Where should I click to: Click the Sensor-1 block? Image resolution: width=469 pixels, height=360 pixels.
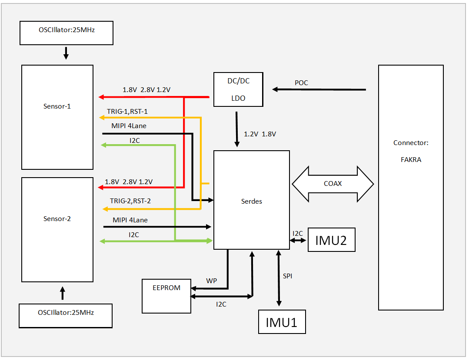pos(57,117)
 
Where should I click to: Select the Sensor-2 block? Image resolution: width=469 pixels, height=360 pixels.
pos(57,229)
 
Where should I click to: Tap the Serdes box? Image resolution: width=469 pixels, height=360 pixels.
pos(251,200)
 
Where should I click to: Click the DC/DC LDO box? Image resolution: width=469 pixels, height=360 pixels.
pos(238,89)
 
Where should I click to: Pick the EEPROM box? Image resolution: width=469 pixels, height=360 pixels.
pos(166,296)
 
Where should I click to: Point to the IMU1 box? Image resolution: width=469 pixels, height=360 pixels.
pos(282,322)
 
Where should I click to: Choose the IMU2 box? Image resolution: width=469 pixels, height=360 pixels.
pos(331,240)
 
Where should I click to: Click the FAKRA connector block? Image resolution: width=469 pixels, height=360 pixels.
pos(411,187)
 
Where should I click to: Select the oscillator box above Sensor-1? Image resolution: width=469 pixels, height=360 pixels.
pos(67,33)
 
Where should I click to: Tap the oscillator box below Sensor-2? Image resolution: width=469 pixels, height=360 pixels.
pos(66,315)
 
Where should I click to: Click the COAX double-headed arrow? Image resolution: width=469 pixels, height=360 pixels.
pos(333,184)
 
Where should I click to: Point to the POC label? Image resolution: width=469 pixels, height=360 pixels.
pos(301,83)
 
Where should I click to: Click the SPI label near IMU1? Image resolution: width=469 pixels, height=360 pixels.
pos(288,276)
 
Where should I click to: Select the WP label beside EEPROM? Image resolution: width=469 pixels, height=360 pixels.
pos(212,281)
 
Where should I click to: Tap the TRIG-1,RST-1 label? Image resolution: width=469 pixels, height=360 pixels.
pos(127,112)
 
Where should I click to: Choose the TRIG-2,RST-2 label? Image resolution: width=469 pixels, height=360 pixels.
pos(130,201)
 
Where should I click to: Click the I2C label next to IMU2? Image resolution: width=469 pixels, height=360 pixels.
pos(298,234)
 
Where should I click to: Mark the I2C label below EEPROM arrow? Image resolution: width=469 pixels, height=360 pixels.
pos(221,304)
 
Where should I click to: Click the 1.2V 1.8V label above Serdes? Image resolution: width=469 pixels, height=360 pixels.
pos(260,134)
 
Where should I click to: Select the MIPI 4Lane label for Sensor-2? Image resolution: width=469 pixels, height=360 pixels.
pos(130,220)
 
